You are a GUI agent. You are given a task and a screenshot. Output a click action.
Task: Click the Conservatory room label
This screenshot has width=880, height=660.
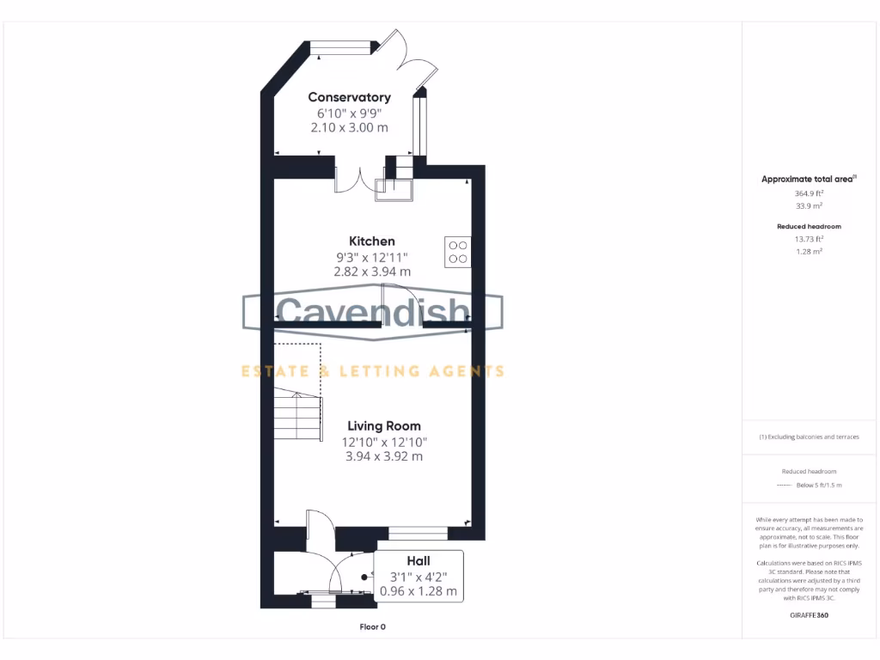point(349,97)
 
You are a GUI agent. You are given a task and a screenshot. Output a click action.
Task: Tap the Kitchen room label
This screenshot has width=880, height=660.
point(371,241)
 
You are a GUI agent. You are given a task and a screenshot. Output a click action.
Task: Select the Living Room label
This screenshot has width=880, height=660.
point(384,425)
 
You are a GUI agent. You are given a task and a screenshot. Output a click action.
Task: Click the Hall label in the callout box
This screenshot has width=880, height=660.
point(419,561)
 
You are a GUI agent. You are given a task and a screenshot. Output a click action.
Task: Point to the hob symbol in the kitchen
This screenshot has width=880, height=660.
point(458,250)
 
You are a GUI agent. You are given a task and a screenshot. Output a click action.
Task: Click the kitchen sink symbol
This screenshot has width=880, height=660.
point(394,188)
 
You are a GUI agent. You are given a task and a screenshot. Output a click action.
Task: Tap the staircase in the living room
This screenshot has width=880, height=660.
point(297,412)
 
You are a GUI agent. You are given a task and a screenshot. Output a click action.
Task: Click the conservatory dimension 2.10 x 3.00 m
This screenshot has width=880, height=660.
point(349,127)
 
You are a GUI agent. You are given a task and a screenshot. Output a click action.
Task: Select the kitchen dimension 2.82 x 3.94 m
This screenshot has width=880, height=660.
point(372,272)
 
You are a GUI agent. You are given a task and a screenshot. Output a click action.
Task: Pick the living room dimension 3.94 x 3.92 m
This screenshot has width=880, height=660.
point(384,456)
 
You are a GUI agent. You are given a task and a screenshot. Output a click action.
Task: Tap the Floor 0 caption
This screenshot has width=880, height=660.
point(372,626)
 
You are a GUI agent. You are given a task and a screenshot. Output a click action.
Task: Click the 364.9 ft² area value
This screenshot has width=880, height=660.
point(808,193)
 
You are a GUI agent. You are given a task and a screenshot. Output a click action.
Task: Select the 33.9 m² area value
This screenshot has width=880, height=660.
point(808,206)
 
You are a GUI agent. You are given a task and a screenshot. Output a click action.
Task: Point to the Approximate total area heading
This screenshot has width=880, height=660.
point(808,179)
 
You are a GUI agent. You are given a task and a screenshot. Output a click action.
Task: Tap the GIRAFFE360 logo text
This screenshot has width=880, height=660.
point(809,615)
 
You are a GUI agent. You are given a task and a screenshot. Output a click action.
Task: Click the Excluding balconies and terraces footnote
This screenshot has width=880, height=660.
point(809,437)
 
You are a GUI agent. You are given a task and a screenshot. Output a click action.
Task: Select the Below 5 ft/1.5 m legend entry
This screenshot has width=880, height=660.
point(819,486)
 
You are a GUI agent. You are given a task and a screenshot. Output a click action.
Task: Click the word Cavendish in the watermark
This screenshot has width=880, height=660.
point(372,312)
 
